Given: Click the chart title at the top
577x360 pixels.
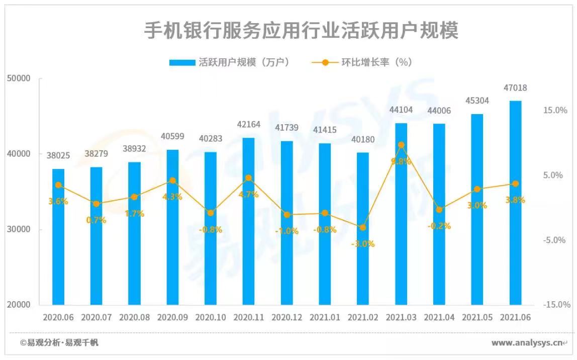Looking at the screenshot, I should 301,31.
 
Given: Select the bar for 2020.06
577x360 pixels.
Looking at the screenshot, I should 58,236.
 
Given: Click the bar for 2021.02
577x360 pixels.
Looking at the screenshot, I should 363,229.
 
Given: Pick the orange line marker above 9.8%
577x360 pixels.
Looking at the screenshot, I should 401,145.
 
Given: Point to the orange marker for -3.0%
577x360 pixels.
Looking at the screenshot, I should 363,227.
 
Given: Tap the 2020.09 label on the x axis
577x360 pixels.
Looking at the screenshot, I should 172,318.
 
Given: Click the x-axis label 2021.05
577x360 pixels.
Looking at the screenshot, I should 477,318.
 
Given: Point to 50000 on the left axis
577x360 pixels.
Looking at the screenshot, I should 20,78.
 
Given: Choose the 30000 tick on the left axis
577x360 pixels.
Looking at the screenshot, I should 20,229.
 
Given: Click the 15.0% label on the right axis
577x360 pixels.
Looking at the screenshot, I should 555,110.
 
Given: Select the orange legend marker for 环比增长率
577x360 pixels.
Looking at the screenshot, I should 325,63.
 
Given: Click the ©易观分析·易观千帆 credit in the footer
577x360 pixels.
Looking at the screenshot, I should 59,343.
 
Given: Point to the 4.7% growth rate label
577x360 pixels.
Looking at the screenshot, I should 248,195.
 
